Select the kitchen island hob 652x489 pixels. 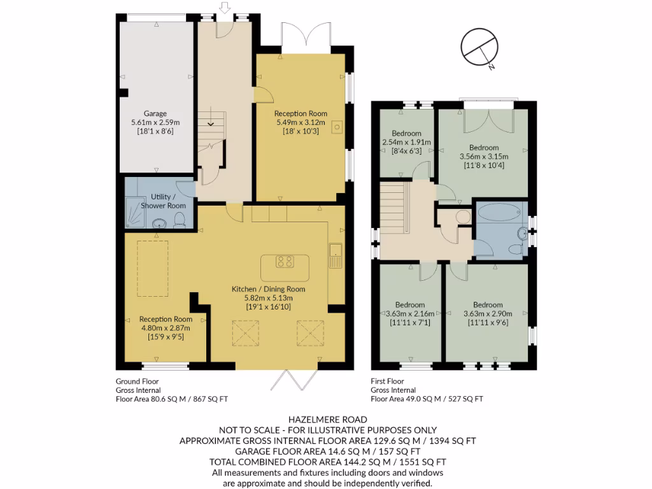tap(285, 261)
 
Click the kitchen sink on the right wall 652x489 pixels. tap(335, 256)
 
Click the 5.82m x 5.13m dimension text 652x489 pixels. tap(268, 297)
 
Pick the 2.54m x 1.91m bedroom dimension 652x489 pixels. tap(407, 142)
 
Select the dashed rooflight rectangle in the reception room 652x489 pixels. tap(154, 269)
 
